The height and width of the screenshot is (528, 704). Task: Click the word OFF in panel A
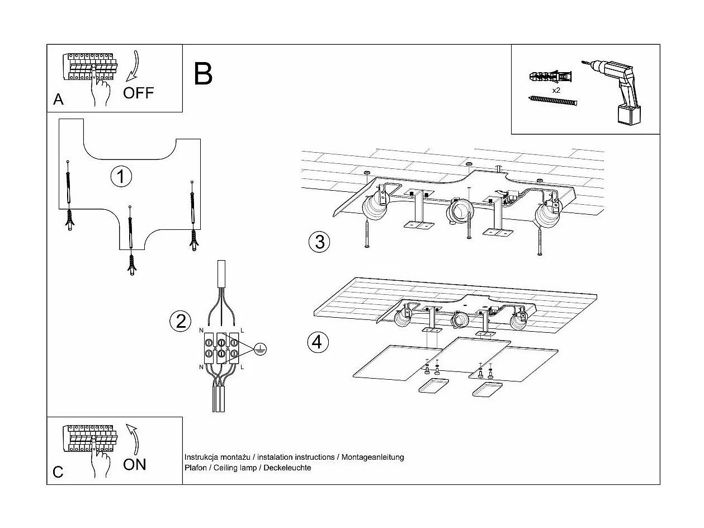[x=138, y=93]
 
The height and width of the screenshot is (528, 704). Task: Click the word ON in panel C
[x=134, y=464]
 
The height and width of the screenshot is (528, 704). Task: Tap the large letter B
[x=203, y=74]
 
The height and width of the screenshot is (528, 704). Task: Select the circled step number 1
[x=121, y=176]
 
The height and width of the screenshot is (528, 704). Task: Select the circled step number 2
[x=180, y=321]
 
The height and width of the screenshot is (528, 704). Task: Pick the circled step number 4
[x=318, y=341]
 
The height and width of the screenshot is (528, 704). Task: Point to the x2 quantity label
[x=556, y=89]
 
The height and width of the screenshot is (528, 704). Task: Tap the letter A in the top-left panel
[x=58, y=100]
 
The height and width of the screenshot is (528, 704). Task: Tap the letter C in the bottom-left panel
[x=58, y=472]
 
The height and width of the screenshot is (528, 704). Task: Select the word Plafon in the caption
[x=195, y=468]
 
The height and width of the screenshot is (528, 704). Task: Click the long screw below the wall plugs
[x=552, y=101]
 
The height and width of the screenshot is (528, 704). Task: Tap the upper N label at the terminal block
[x=202, y=331]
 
